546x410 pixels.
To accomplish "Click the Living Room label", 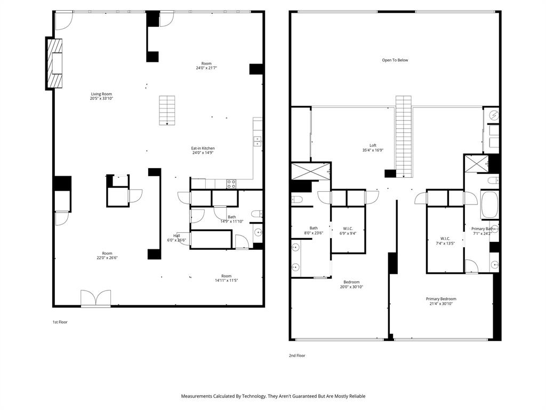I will pyautogui.click(x=101, y=94).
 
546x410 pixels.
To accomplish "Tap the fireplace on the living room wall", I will pyautogui.click(x=55, y=64).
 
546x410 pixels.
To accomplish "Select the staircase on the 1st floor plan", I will pyautogui.click(x=167, y=111).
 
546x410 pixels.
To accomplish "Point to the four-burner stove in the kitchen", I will pyautogui.click(x=231, y=184).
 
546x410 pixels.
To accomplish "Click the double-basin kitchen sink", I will pyautogui.click(x=257, y=141).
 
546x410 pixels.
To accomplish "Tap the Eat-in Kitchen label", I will pyautogui.click(x=203, y=148).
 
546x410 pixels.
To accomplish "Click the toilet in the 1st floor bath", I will pyautogui.click(x=256, y=214).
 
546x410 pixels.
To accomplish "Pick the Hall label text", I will pyautogui.click(x=176, y=235).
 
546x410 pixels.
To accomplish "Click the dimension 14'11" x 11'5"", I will pyautogui.click(x=227, y=280).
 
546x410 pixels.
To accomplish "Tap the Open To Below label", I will pyautogui.click(x=395, y=60).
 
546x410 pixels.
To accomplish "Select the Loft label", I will pyautogui.click(x=373, y=146).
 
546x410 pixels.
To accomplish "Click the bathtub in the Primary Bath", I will pyautogui.click(x=489, y=205).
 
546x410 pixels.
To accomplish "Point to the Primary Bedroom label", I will pyautogui.click(x=441, y=299).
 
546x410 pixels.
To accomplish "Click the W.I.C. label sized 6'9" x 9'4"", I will pyautogui.click(x=347, y=228).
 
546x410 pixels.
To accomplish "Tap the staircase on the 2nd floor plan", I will pyautogui.click(x=403, y=136).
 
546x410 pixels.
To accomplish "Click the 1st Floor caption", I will pyautogui.click(x=60, y=322).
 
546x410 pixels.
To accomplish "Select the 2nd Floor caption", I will pyautogui.click(x=298, y=356).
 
